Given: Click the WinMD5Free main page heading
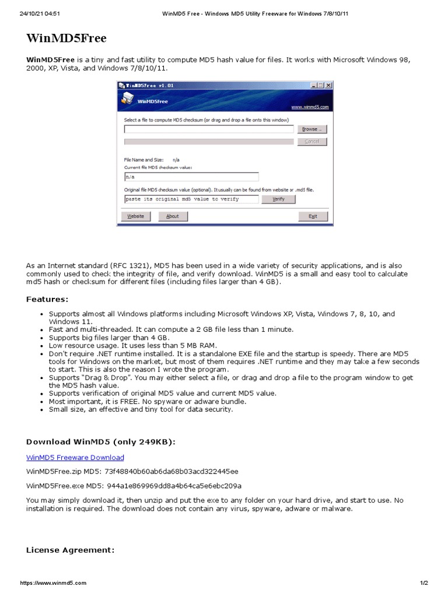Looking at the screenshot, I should pyautogui.click(x=66, y=38).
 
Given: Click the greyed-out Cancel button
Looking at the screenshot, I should pyautogui.click(x=312, y=142).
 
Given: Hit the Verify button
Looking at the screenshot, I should pyautogui.click(x=278, y=199).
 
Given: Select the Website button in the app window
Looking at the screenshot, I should pyautogui.click(x=136, y=216).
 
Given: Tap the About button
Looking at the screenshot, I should pyautogui.click(x=173, y=216).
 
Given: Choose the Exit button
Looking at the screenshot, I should pyautogui.click(x=313, y=216).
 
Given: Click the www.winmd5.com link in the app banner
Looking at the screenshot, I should pyautogui.click(x=310, y=107).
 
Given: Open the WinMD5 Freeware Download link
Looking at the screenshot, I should pyautogui.click(x=75, y=458).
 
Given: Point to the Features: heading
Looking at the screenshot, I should pyautogui.click(x=47, y=299).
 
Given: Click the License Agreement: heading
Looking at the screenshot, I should pyautogui.click(x=71, y=550).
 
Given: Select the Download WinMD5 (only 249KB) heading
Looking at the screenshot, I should pyautogui.click(x=101, y=442).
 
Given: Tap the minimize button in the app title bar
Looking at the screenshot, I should pyautogui.click(x=313, y=85).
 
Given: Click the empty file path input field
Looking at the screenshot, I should pyautogui.click(x=208, y=129).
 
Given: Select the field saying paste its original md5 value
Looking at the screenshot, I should pyautogui.click(x=191, y=199).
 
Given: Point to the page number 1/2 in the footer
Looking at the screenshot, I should pyautogui.click(x=423, y=583).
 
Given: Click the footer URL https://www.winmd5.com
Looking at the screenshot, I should pyautogui.click(x=53, y=583).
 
